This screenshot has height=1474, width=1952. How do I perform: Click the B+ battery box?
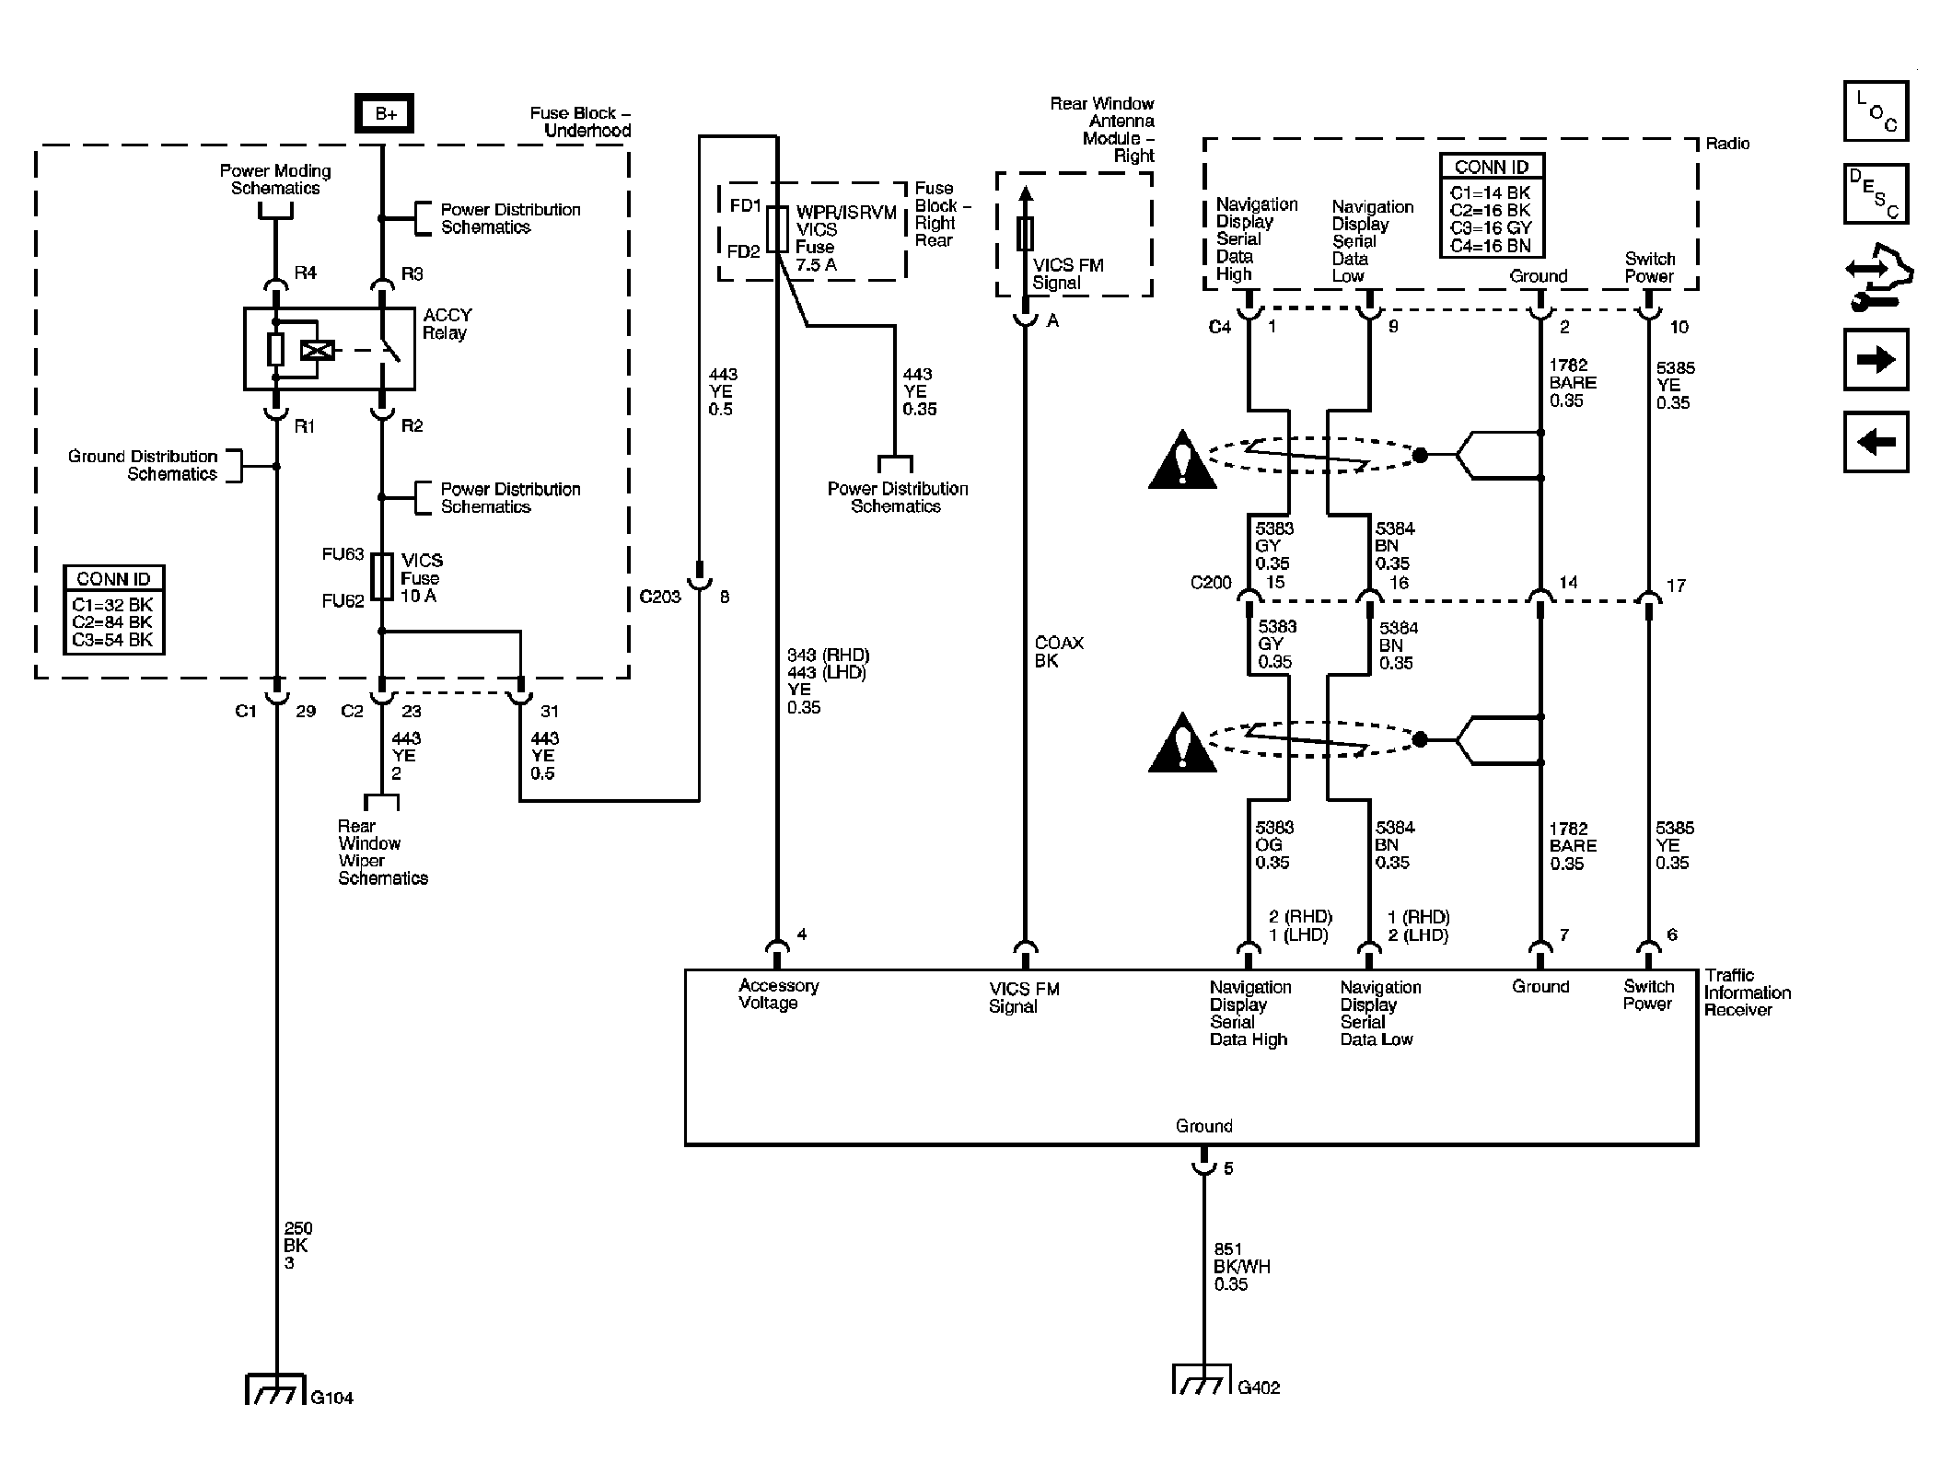385,114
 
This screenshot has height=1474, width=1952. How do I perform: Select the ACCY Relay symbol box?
329,349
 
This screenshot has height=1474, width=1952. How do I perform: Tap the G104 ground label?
332,1398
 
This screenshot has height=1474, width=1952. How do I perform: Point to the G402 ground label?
1259,1387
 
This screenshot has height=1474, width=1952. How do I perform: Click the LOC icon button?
1876,111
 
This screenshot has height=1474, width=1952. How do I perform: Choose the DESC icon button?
1876,194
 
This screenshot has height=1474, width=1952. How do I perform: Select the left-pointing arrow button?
1876,443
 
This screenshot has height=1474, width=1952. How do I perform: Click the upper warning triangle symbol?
1183,459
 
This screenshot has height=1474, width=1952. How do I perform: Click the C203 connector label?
660,597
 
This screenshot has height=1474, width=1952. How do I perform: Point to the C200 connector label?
1211,583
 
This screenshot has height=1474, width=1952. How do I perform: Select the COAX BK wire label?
1059,652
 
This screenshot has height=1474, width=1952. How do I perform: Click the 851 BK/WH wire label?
1241,1266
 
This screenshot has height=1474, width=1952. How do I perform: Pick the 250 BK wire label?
298,1246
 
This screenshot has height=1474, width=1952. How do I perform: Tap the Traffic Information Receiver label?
1747,992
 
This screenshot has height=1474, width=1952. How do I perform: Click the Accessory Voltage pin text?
779,994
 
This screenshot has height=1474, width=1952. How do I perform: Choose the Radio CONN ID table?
1492,206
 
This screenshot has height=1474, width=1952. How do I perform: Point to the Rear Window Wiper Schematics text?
382,853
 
